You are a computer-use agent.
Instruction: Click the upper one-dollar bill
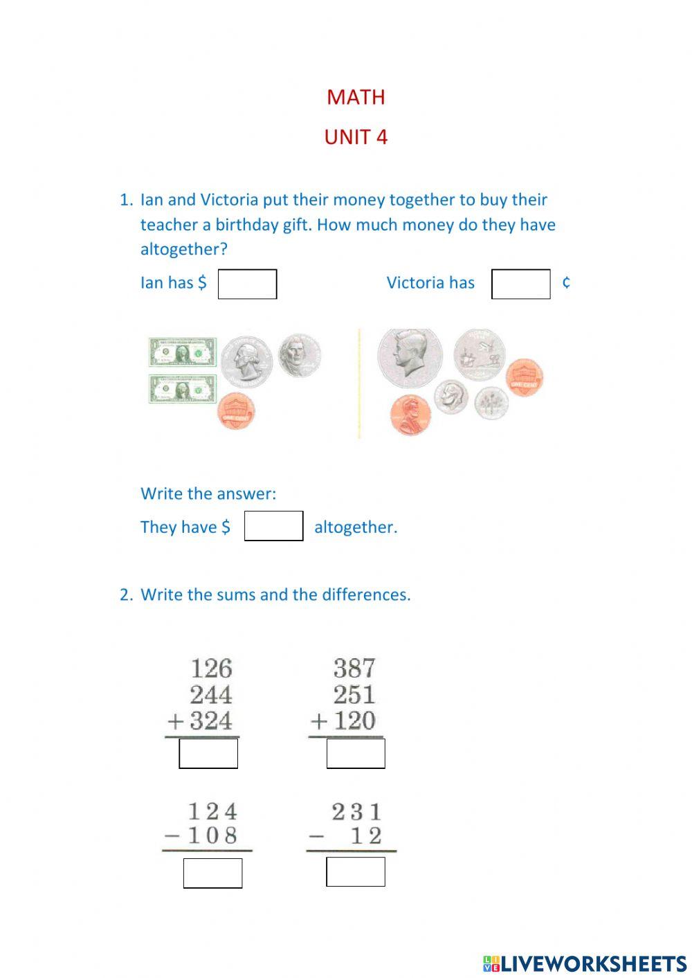click(x=183, y=353)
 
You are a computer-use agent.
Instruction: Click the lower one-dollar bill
click(x=183, y=389)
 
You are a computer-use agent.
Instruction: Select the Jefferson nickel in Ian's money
click(x=299, y=355)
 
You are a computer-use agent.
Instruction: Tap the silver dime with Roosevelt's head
click(x=451, y=397)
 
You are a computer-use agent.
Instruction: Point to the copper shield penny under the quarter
click(x=236, y=410)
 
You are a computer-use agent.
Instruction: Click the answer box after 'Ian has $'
click(x=247, y=284)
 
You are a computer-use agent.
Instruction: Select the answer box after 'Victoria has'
click(x=520, y=284)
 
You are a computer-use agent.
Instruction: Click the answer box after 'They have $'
click(x=273, y=526)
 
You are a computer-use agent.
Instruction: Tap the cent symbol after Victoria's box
click(x=566, y=282)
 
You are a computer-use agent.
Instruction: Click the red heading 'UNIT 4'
click(x=356, y=137)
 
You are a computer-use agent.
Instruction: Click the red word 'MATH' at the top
click(x=356, y=97)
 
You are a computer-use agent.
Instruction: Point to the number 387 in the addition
click(x=354, y=668)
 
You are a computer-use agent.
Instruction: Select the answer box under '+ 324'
click(x=208, y=753)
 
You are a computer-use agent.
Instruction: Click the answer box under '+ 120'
click(x=355, y=753)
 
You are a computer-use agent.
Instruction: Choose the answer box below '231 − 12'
click(x=355, y=871)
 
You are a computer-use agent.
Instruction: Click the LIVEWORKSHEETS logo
click(x=584, y=963)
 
